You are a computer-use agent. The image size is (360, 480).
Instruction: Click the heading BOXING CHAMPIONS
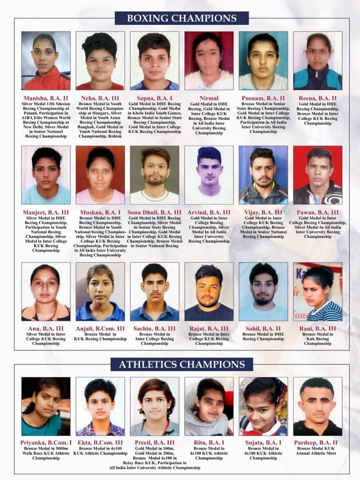[182, 18]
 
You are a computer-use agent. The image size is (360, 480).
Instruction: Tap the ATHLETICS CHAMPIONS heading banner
[181, 364]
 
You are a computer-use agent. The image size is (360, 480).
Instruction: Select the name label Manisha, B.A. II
[46, 98]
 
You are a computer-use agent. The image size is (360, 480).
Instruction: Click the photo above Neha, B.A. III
[100, 60]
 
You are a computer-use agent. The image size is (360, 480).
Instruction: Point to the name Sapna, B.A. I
[155, 98]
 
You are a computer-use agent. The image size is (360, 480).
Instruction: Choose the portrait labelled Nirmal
[209, 60]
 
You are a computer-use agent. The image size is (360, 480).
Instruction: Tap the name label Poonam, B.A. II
[263, 98]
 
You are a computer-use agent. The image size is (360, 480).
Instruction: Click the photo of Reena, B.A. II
[318, 60]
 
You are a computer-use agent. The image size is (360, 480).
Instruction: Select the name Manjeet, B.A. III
[46, 213]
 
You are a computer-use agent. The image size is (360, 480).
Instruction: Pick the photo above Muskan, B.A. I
[100, 175]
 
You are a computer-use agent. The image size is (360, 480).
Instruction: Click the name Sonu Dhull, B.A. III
[155, 213]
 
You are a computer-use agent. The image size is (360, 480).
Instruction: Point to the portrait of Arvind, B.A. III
[209, 175]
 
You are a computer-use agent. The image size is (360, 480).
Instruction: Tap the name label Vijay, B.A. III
[263, 213]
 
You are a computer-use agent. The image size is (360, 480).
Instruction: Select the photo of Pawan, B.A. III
[318, 175]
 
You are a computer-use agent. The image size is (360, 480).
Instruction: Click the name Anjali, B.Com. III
[100, 329]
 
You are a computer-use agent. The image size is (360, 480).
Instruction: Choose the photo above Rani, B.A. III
[318, 292]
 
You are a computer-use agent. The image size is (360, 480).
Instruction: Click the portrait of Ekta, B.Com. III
[100, 406]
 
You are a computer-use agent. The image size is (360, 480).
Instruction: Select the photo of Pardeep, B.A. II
[318, 406]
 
